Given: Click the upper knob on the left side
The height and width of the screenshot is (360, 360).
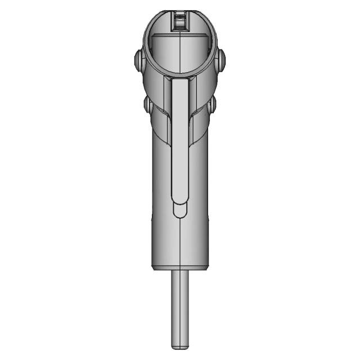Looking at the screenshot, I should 138,61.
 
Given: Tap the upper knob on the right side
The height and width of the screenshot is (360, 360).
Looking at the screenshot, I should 220,60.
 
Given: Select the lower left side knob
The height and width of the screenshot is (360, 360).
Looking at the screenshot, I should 147,105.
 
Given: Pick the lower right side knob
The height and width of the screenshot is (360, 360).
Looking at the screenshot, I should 212,105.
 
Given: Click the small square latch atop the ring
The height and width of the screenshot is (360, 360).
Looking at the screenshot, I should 179,20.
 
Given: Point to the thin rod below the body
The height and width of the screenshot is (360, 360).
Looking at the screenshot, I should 179,304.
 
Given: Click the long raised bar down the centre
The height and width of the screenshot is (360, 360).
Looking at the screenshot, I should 179,141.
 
